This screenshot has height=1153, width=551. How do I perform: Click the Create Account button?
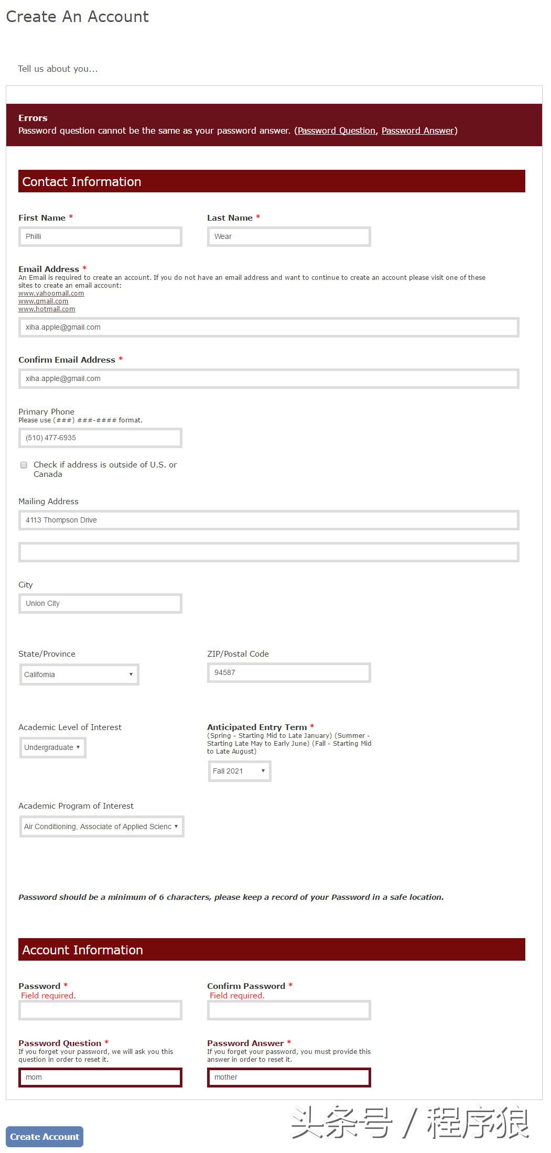[45, 1136]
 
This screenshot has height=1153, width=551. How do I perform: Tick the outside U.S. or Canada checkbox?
[24, 465]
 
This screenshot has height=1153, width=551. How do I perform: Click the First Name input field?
[100, 236]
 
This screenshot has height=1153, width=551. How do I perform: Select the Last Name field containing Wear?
[289, 236]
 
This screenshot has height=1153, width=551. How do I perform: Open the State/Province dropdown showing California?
[79, 675]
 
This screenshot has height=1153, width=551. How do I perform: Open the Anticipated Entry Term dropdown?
[240, 771]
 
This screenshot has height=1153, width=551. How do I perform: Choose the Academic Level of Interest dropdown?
[52, 747]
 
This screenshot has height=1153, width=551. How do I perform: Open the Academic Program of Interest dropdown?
[102, 826]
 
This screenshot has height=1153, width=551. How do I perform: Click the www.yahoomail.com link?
[51, 293]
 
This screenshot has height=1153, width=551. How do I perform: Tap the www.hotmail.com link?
[47, 309]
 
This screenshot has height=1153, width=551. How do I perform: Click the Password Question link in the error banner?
[337, 130]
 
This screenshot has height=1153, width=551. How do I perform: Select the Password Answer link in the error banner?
[418, 130]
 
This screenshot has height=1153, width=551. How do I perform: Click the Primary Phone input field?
[100, 438]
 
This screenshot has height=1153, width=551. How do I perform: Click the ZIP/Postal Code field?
[289, 672]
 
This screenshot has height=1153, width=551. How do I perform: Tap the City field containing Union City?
[100, 603]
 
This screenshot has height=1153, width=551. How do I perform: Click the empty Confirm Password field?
[289, 1010]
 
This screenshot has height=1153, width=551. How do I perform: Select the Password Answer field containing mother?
[289, 1077]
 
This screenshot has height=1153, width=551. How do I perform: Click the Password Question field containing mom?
[100, 1077]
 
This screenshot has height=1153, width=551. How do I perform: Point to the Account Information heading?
[83, 950]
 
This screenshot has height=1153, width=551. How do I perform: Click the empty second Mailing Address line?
[268, 552]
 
